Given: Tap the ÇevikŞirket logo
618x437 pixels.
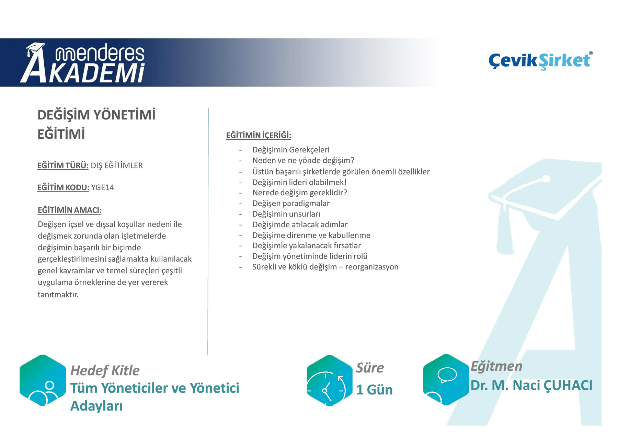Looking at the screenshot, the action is [541, 61].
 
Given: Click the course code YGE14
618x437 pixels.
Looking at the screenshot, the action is [103, 187].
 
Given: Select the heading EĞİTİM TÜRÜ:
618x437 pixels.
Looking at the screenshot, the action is [63, 165].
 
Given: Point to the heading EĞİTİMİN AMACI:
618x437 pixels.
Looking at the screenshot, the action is [70, 210].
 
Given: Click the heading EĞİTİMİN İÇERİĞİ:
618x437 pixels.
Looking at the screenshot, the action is [259, 135].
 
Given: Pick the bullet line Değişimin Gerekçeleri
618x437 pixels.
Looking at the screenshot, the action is [291, 150].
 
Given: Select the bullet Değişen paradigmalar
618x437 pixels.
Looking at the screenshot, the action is [291, 203].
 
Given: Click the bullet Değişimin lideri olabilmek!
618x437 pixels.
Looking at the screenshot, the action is [299, 182].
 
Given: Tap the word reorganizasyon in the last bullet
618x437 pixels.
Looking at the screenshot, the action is [372, 267].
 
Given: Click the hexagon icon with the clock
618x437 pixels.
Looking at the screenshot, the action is [329, 380].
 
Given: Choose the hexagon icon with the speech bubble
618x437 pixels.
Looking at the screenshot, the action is [446, 380].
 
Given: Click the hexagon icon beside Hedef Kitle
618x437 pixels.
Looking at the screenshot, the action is [43, 380].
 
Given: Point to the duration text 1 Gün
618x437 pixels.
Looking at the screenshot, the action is [375, 390].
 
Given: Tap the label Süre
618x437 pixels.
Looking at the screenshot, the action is [370, 368].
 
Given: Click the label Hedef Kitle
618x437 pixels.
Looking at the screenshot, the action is [105, 371].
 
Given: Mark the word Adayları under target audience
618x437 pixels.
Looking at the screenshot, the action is [96, 406].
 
